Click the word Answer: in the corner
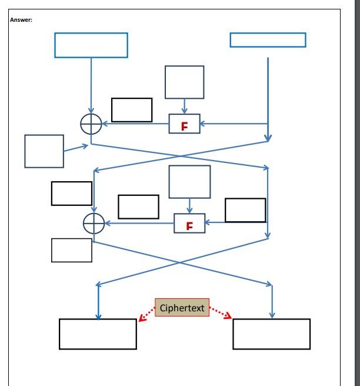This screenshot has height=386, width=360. (21, 20)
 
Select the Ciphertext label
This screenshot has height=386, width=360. (182, 308)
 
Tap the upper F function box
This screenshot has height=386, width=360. (185, 124)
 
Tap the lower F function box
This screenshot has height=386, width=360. (189, 223)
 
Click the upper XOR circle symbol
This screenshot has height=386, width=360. (91, 124)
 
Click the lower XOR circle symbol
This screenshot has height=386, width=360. (94, 224)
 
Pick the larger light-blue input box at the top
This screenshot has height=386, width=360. (91, 45)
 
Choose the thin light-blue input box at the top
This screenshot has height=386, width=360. (268, 40)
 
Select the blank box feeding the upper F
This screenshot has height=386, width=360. (185, 82)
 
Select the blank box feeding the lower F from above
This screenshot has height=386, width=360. (189, 182)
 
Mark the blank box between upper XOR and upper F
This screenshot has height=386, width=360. (132, 110)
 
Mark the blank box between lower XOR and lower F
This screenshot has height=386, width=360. (138, 207)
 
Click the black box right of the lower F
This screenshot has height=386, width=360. (245, 210)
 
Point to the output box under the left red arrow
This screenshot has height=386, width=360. (98, 334)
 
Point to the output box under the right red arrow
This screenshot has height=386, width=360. (271, 334)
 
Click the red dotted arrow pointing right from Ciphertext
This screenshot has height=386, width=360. (221, 314)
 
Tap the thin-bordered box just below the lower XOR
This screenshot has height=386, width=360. (72, 250)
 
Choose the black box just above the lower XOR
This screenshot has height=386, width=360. (72, 194)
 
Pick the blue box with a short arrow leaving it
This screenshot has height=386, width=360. (44, 151)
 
